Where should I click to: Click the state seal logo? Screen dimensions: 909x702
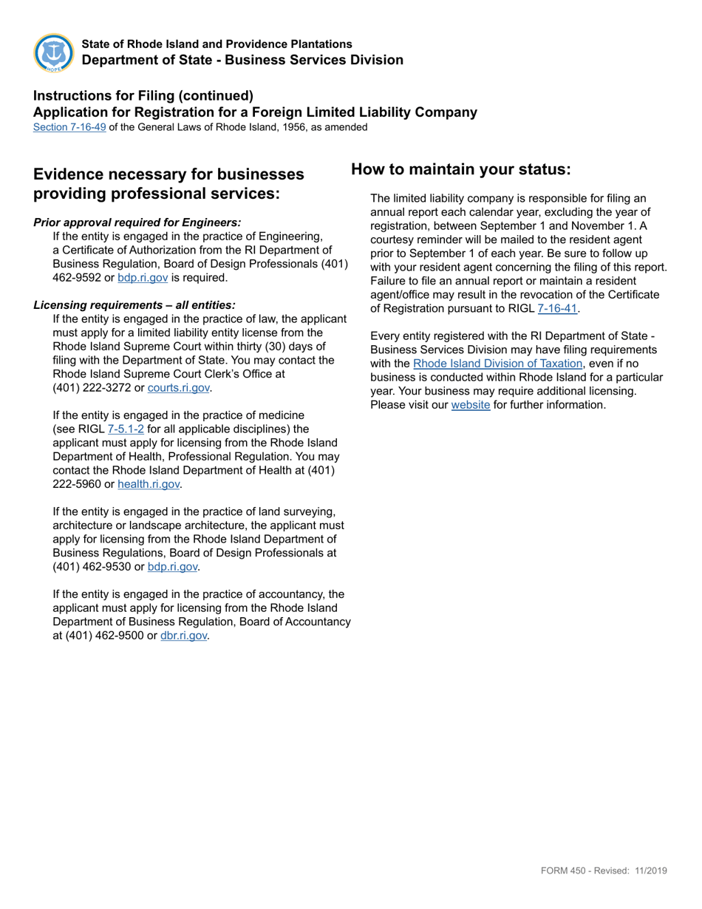point(54,53)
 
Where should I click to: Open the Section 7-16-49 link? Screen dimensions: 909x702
point(69,127)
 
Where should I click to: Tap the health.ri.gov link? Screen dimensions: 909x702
point(149,484)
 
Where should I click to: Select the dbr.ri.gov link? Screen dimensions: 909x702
point(183,635)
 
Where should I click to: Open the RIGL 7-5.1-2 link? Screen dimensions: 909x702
point(126,429)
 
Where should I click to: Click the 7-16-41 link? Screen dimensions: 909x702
point(556,308)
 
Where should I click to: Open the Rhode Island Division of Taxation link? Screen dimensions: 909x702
point(498,364)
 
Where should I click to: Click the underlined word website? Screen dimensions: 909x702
point(470,405)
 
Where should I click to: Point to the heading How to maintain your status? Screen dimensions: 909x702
point(460,169)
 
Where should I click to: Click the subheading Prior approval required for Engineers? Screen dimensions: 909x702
point(137,222)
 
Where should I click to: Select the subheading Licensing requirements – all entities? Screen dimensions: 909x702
point(134,305)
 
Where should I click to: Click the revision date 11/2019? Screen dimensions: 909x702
point(650,871)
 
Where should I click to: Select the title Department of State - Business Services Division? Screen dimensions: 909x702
point(242,60)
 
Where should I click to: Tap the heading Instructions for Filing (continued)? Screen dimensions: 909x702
point(143,95)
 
